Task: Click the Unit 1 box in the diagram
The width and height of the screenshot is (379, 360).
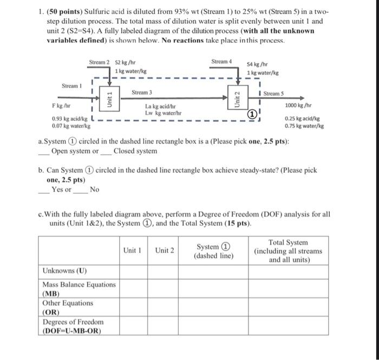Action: click(x=110, y=100)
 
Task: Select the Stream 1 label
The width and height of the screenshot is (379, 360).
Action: click(x=72, y=86)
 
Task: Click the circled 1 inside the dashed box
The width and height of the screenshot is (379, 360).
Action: click(x=252, y=114)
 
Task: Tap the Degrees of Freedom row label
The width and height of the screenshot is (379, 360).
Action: click(x=73, y=326)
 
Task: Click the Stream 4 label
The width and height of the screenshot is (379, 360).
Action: click(x=221, y=61)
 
